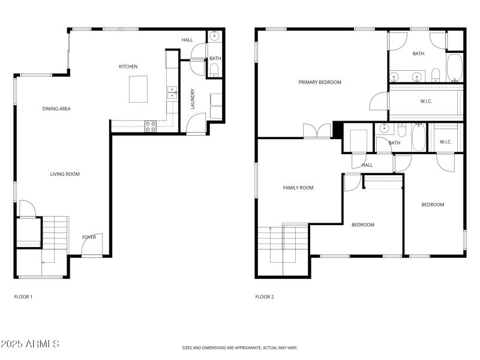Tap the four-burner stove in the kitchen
tap(151, 125)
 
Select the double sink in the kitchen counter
tap(172, 92)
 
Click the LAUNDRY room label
tap(193, 99)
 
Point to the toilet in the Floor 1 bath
tap(215, 71)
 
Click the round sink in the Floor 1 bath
tap(215, 37)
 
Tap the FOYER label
tap(89, 237)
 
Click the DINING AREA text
tap(56, 109)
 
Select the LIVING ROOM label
tap(64, 174)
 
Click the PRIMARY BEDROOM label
tap(320, 82)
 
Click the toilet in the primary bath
tap(436, 74)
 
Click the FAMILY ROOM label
tap(298, 188)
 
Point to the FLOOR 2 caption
tap(265, 296)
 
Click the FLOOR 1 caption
tap(23, 296)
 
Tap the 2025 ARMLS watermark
tap(30, 344)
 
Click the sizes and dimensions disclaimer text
tap(239, 347)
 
